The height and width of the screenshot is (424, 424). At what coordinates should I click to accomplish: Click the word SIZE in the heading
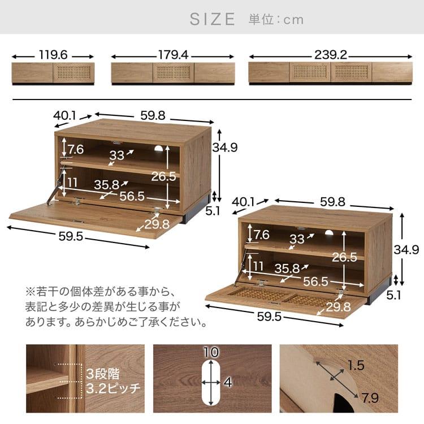pos(212,19)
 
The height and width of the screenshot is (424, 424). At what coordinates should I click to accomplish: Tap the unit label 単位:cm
pos(276,20)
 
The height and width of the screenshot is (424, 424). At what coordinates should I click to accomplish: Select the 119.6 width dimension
pos(54,56)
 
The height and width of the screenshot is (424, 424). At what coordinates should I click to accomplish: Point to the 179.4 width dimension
pos(173,56)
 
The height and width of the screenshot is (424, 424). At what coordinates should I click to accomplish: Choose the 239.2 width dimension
pos(331,56)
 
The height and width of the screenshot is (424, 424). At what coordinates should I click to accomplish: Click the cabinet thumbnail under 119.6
pos(53,73)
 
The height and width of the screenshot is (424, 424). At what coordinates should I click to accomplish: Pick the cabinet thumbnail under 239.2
pos(330,73)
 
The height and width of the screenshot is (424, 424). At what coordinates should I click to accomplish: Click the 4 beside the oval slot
pos(227,383)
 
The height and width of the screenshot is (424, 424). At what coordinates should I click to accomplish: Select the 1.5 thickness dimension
pos(356,365)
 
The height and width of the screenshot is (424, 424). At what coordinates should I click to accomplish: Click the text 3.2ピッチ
pos(113,389)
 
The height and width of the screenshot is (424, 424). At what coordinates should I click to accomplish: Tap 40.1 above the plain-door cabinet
pos(65,115)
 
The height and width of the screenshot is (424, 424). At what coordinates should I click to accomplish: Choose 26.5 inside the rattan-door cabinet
pos(344,257)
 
